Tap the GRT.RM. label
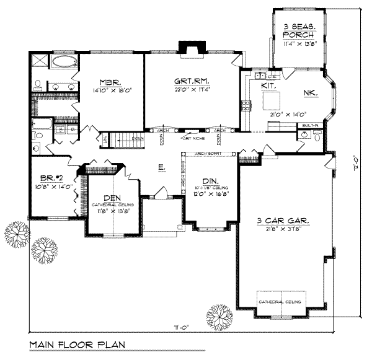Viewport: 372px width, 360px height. (192, 81)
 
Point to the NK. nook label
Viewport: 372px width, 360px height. (311, 93)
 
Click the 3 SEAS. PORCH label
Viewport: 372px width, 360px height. (299, 30)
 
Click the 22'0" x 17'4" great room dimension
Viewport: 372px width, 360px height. (193, 89)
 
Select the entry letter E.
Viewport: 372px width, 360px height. (161, 167)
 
